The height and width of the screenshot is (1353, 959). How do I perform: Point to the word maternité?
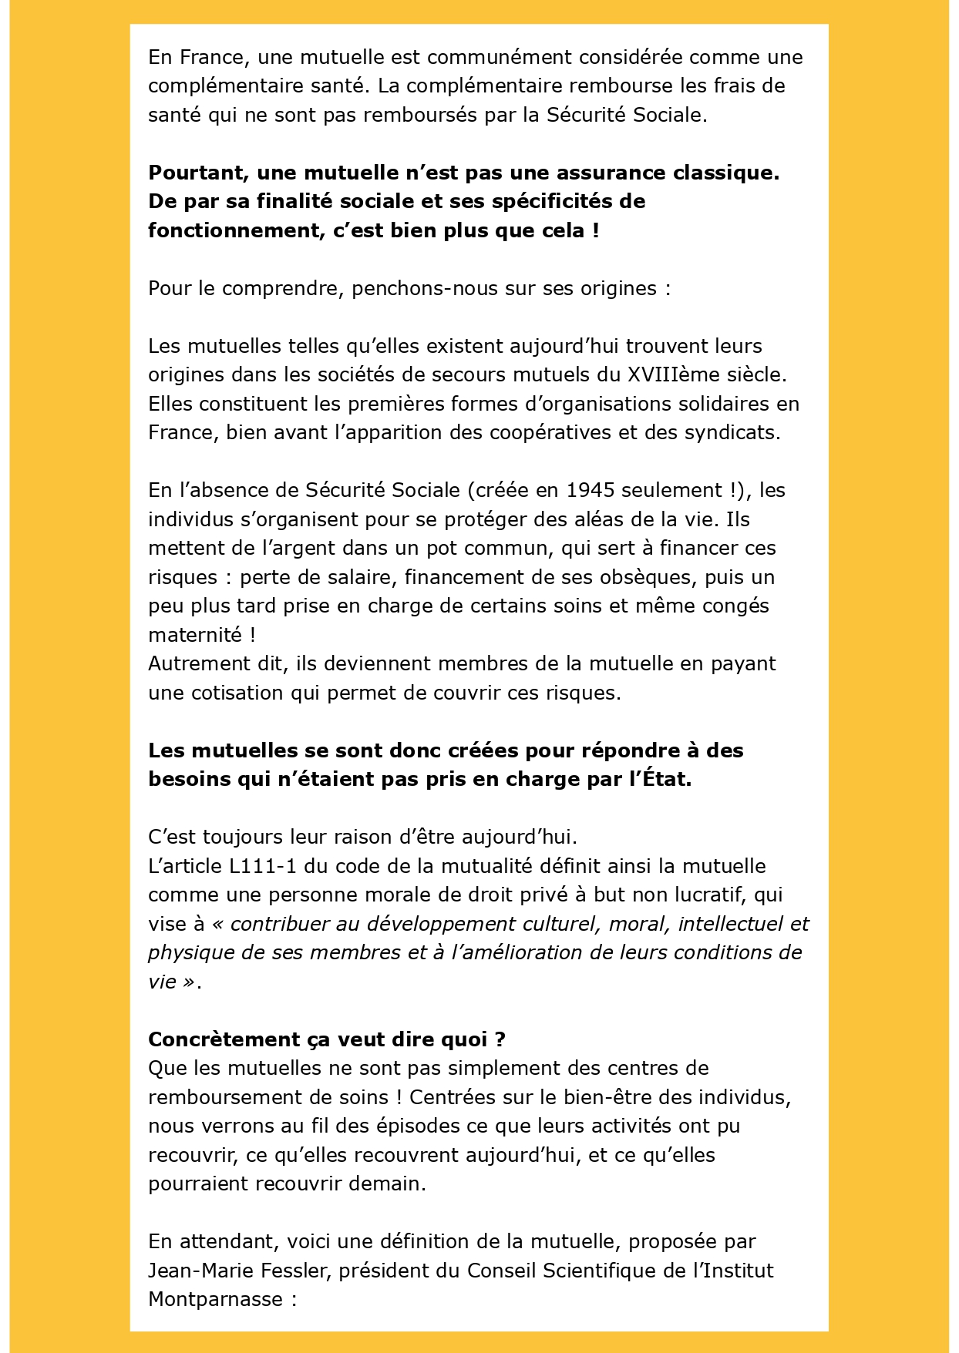click(x=195, y=635)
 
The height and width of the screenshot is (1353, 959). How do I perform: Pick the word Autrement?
click(x=193, y=664)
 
